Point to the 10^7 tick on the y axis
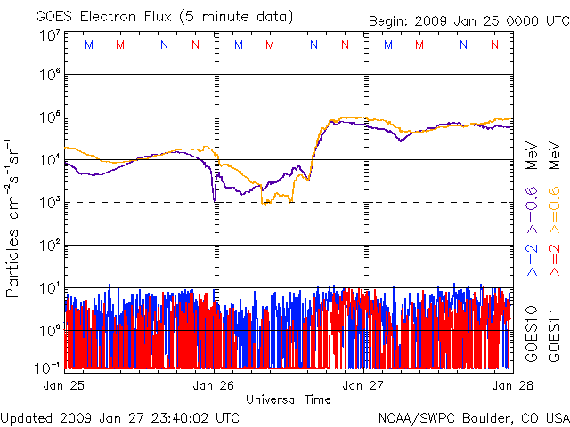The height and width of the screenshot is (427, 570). click(x=49, y=36)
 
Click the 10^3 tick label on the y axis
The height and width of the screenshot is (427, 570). click(x=49, y=203)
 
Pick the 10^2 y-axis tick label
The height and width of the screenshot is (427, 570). click(x=49, y=246)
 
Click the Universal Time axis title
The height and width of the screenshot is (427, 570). click(x=288, y=399)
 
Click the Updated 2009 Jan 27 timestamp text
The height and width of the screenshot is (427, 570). click(x=120, y=416)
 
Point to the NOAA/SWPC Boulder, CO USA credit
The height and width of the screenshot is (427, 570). click(x=473, y=416)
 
